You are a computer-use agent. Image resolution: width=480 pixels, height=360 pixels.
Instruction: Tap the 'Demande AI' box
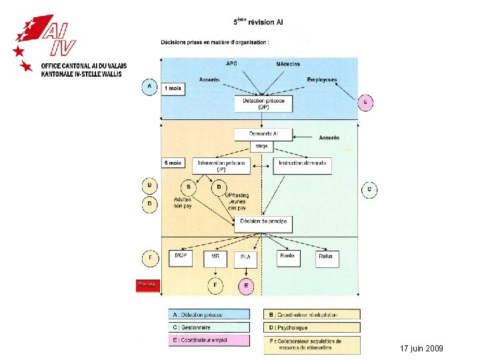click(x=263, y=135)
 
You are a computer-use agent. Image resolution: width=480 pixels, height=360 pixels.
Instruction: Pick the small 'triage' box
click(x=263, y=146)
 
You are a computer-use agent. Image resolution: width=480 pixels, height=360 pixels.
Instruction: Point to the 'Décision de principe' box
click(x=263, y=223)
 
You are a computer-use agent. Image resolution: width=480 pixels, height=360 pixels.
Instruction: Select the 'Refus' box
click(x=326, y=257)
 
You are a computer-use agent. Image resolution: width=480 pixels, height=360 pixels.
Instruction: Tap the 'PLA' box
click(x=245, y=259)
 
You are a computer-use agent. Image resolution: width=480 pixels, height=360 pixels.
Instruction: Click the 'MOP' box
click(x=181, y=257)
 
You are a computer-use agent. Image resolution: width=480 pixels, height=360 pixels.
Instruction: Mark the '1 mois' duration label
click(x=173, y=89)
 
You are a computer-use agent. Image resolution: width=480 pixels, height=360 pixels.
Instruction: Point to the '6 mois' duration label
click(x=173, y=163)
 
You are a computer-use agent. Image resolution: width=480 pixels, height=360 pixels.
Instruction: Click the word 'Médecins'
click(x=288, y=65)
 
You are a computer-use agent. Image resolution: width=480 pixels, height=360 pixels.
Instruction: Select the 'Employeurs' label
click(x=322, y=80)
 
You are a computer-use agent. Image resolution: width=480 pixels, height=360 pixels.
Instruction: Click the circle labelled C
click(x=370, y=190)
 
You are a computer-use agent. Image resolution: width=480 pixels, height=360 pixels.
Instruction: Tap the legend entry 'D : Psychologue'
click(x=313, y=327)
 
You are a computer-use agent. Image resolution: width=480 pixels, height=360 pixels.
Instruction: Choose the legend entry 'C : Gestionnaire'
click(x=209, y=327)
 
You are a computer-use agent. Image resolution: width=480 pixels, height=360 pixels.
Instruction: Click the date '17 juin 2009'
click(x=421, y=349)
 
